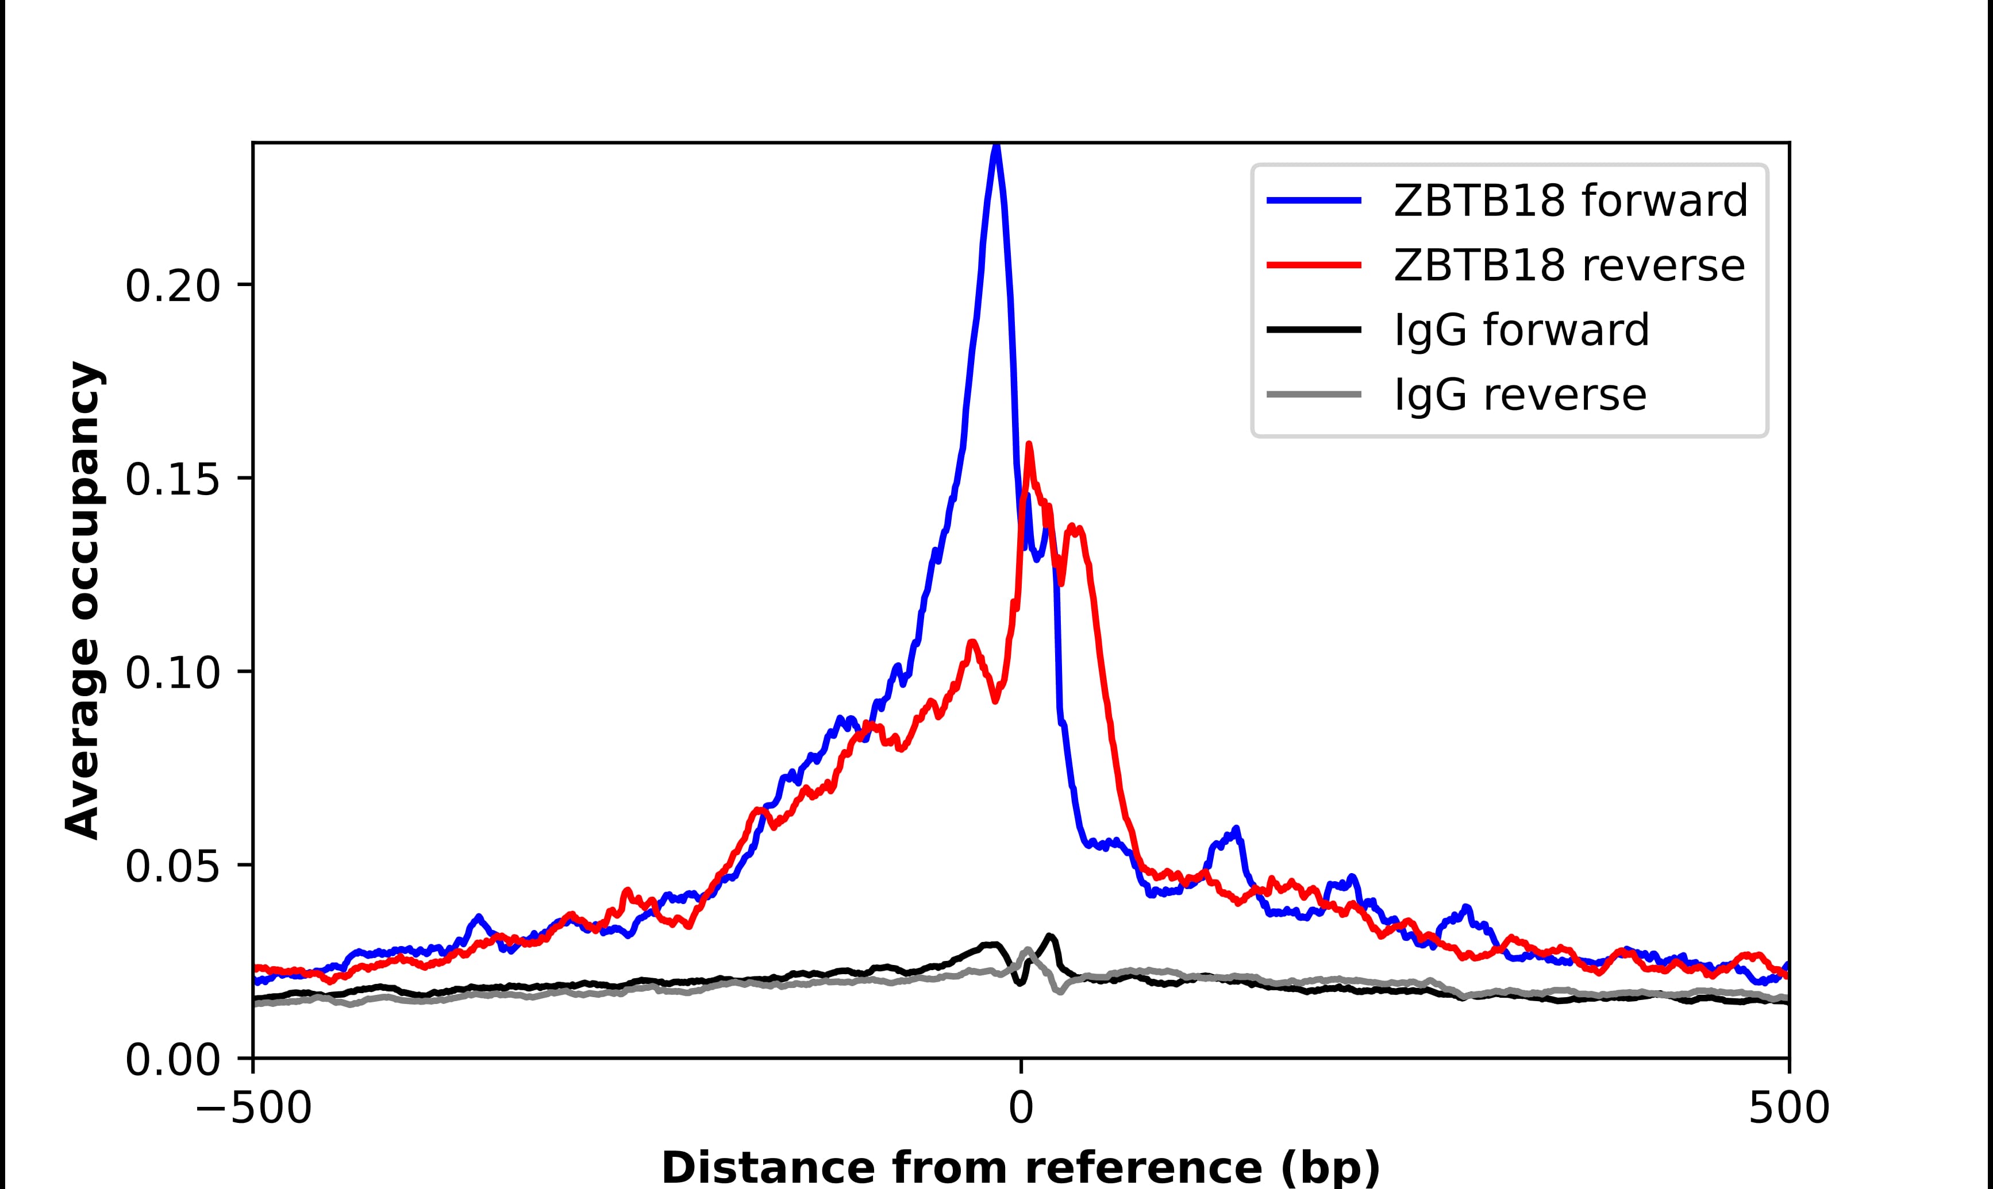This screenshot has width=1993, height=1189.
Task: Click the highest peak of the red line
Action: point(1029,446)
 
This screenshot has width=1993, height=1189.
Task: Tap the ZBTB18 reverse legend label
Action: point(1568,265)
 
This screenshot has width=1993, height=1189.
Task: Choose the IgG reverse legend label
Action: point(1519,395)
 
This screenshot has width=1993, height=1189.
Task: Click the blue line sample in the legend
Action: point(1314,200)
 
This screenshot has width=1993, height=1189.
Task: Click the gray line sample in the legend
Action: point(1314,394)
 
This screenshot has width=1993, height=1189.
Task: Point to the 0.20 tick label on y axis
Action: point(172,287)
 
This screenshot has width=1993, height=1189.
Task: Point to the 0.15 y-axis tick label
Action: point(172,480)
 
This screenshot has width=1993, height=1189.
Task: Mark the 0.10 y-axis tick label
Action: point(172,673)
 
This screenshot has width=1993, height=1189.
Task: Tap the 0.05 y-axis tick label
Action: point(172,867)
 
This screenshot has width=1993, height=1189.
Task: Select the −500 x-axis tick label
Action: point(253,1110)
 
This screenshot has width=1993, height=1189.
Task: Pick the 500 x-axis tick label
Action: point(1788,1110)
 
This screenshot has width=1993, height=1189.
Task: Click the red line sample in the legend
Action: point(1314,265)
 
